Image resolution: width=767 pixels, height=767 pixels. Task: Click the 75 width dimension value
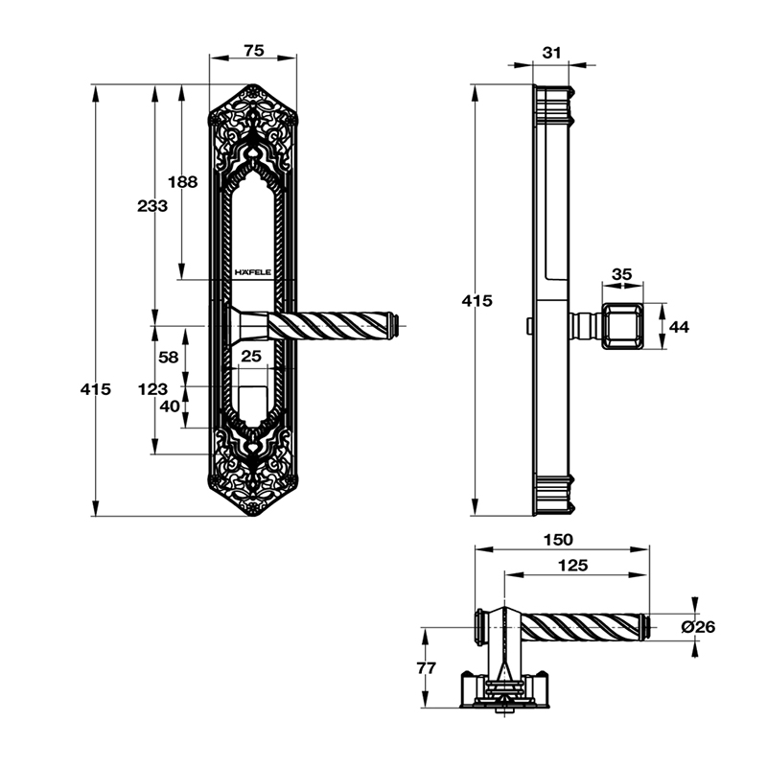pos(253,51)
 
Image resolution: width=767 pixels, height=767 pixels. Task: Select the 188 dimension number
pos(182,181)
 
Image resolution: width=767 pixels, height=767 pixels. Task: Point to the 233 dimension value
pos(152,205)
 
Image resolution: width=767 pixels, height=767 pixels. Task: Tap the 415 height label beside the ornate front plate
pos(96,389)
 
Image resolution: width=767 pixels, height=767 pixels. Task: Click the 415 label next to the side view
pos(476,300)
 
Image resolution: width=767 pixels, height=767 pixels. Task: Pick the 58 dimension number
pos(169,357)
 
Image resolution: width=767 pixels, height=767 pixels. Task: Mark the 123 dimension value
pos(152,389)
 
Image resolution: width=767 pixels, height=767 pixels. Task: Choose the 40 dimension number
pos(169,406)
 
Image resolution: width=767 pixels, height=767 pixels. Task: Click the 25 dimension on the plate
pos(251,357)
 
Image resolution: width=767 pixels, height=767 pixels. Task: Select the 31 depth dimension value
pos(550,52)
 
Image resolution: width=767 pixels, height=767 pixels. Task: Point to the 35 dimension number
pos(621,274)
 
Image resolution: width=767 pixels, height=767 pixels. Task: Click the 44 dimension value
pos(679,327)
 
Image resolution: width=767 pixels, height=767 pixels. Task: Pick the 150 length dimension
pos(558,541)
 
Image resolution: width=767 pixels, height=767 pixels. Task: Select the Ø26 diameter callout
pos(698,627)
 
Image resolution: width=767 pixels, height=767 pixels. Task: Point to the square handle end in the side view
pos(621,326)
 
